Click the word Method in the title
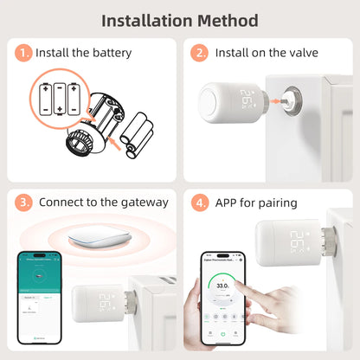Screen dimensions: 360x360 click(228, 19)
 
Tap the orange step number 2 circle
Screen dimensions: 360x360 click(200, 54)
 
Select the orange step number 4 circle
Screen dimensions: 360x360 click(200, 202)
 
